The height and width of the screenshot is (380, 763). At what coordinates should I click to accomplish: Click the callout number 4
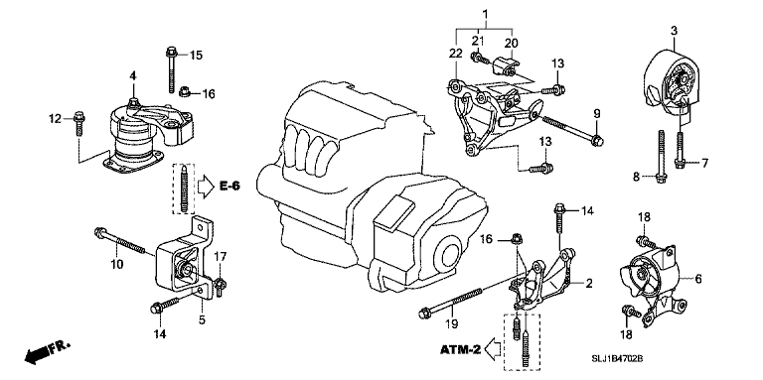click(x=131, y=76)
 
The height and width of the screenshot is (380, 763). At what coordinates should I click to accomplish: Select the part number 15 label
click(x=196, y=54)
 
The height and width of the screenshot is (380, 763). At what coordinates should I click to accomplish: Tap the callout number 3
click(x=673, y=33)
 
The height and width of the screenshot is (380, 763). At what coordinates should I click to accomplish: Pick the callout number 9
click(x=598, y=111)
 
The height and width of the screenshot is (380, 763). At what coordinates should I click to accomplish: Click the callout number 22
click(x=454, y=53)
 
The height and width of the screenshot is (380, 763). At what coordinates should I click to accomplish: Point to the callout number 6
click(x=698, y=280)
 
